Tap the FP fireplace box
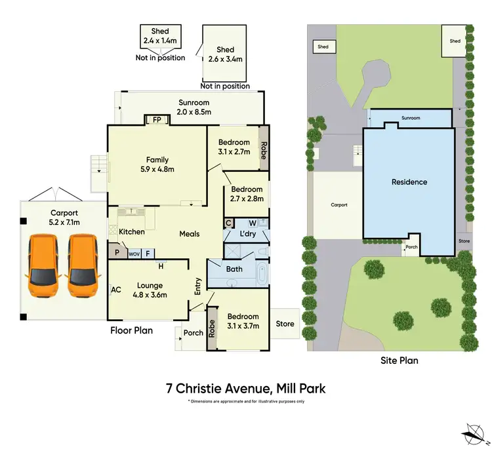(x=157, y=120)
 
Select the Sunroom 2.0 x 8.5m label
(x=194, y=107)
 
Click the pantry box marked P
(x=117, y=252)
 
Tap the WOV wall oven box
(x=134, y=253)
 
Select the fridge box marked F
(x=148, y=253)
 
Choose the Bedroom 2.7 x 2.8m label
(x=246, y=194)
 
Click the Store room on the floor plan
(x=285, y=324)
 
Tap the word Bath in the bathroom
(x=234, y=269)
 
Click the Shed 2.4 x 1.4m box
(x=160, y=36)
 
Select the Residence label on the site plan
(x=409, y=182)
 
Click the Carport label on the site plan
(x=338, y=205)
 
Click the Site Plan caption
(x=399, y=361)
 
